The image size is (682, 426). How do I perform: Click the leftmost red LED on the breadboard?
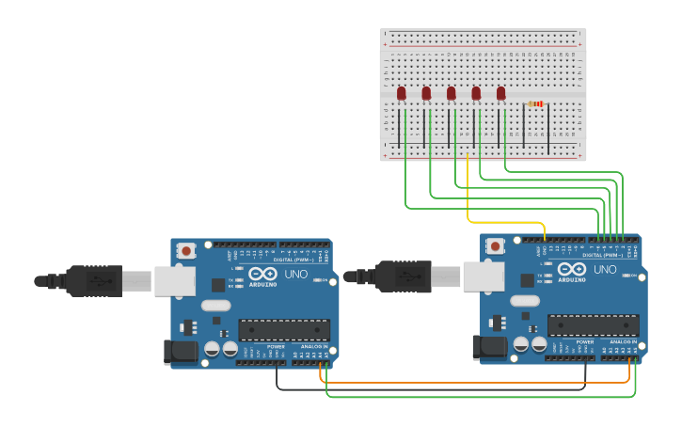[402, 93]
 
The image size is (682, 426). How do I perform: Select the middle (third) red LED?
[452, 93]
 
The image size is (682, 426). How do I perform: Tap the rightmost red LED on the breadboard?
[501, 93]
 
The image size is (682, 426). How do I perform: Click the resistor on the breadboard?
[536, 103]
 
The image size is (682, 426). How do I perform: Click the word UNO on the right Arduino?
[606, 270]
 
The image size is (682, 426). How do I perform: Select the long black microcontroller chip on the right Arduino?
[594, 325]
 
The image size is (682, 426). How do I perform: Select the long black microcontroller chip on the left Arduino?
[284, 330]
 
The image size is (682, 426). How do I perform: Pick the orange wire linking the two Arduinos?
[470, 383]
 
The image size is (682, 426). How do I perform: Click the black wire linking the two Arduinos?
[423, 389]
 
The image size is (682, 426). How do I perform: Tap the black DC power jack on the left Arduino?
[180, 352]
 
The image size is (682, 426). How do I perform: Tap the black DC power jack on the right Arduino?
[491, 347]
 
